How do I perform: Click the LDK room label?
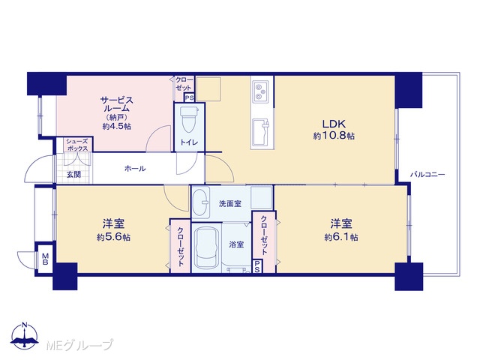334,124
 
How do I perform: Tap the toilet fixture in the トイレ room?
189,118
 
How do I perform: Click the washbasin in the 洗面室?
200,202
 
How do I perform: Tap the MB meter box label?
45,258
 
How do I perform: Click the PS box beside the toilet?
189,98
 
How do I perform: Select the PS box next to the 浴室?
257,266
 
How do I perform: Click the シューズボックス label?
77,145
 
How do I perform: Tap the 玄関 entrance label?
73,175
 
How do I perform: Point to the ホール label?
135,168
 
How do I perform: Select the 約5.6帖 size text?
113,237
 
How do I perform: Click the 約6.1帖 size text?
341,237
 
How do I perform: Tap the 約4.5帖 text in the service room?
117,126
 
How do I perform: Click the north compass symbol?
25,336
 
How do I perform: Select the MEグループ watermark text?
79,345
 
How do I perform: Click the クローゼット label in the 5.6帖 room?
181,247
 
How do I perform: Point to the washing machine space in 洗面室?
261,198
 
